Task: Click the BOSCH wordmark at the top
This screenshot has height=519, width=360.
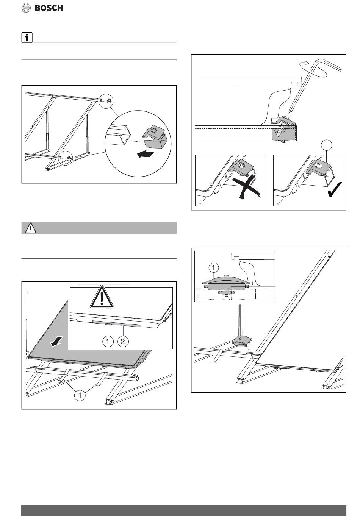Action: pos(49,8)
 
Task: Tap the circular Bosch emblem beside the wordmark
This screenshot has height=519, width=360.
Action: pos(26,8)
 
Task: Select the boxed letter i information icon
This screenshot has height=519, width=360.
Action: pos(27,38)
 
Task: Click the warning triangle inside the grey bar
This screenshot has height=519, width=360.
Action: pos(31,228)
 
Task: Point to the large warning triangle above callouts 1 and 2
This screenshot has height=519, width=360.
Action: pos(102,297)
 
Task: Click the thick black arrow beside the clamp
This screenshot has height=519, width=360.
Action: pos(146,154)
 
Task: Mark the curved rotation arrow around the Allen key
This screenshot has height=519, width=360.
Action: pos(313,69)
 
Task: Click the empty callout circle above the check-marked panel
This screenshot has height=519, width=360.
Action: pos(327,145)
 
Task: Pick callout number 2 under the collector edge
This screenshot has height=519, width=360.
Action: pos(123,341)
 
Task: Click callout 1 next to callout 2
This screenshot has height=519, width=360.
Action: pos(108,341)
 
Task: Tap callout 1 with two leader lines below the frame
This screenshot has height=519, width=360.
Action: pos(80,395)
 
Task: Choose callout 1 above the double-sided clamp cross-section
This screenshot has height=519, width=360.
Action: pos(213,268)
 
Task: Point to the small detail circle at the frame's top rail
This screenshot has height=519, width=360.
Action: pos(105,101)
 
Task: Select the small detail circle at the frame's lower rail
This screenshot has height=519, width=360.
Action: pos(66,158)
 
